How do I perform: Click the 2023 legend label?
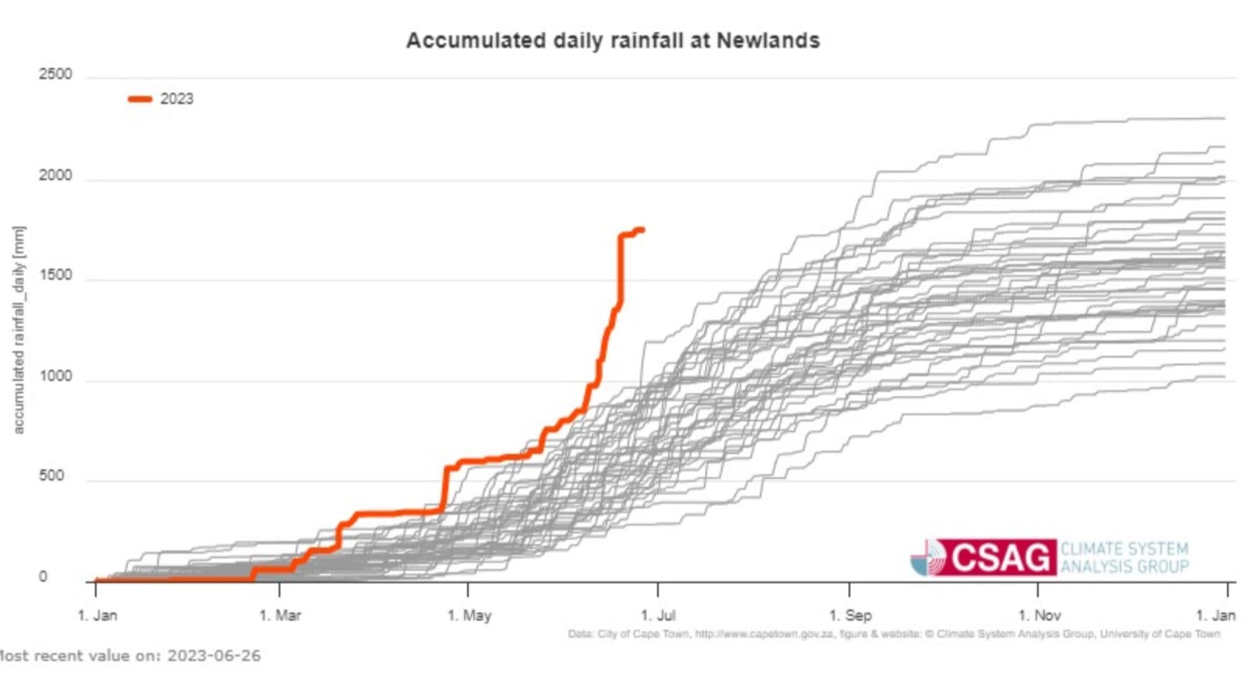coord(177,99)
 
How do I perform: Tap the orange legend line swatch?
coord(140,99)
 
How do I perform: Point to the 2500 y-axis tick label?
coord(55,75)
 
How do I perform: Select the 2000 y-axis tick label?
coord(55,176)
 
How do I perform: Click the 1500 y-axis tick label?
coord(55,275)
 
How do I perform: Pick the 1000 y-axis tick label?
coord(55,377)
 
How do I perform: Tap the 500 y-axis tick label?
coord(51,476)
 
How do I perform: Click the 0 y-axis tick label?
coord(43,577)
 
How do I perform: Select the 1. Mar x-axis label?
coord(280,615)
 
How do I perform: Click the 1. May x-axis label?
coord(469,615)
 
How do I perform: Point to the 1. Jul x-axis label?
coord(658,615)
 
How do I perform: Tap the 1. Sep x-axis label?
coord(849,615)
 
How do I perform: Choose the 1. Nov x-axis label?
coord(1039,615)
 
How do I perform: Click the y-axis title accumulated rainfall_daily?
coord(19,330)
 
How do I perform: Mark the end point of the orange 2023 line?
coord(642,229)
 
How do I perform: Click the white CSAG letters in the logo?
coord(1000,558)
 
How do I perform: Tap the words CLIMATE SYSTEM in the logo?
coord(1124,549)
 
